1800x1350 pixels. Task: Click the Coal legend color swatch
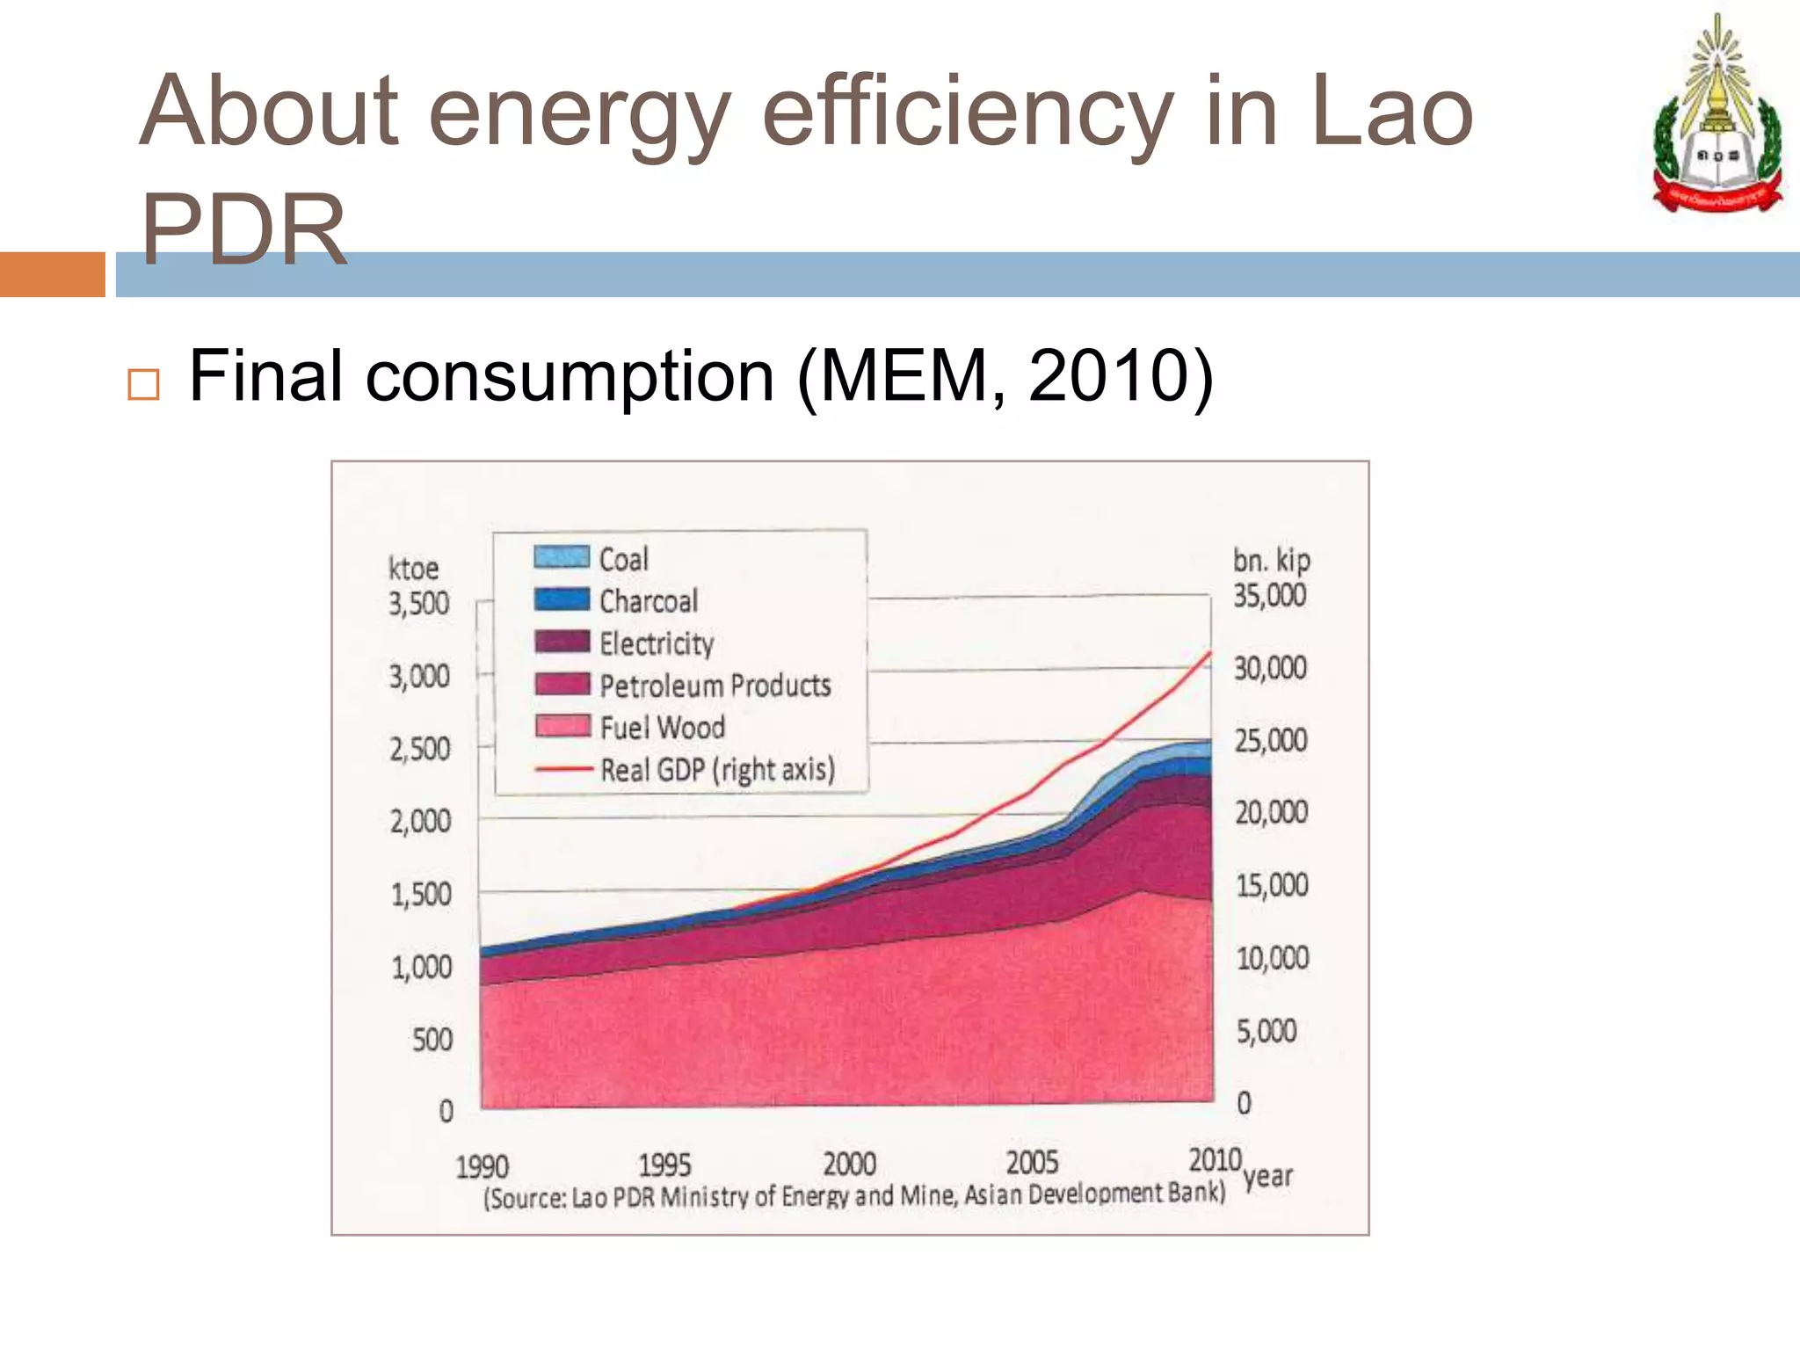pyautogui.click(x=561, y=557)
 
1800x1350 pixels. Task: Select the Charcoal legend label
pyautogui.click(x=649, y=601)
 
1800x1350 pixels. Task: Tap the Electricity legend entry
pyautogui.click(x=656, y=643)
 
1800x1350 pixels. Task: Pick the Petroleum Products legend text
pyautogui.click(x=715, y=686)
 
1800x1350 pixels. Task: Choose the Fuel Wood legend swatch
pyautogui.click(x=562, y=726)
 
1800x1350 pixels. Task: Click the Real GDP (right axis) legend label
pyautogui.click(x=717, y=770)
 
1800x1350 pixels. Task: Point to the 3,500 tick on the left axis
pyautogui.click(x=419, y=604)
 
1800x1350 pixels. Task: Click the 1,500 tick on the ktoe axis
pyautogui.click(x=421, y=895)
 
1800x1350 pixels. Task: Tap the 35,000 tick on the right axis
pyautogui.click(x=1269, y=596)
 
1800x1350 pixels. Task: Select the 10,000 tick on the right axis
pyautogui.click(x=1272, y=958)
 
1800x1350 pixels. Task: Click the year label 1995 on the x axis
pyautogui.click(x=664, y=1165)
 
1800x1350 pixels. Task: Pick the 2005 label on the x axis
pyautogui.click(x=1032, y=1163)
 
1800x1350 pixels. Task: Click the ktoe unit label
pyautogui.click(x=413, y=569)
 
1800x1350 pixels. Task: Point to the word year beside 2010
pyautogui.click(x=1267, y=1176)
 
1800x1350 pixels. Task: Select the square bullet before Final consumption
pyautogui.click(x=144, y=385)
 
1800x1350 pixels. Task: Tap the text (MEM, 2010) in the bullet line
pyautogui.click(x=1005, y=376)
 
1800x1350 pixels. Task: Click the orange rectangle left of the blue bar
pyautogui.click(x=52, y=274)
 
